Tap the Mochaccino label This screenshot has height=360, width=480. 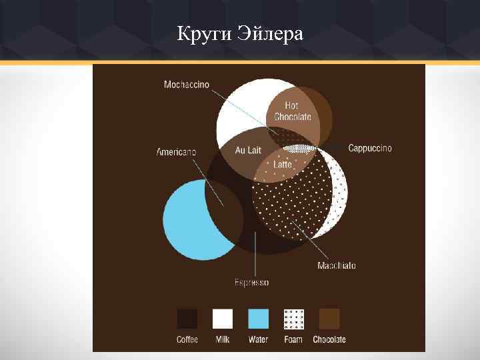[x=187, y=85]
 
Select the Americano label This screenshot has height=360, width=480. [x=176, y=152]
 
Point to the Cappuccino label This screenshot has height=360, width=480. [x=370, y=148]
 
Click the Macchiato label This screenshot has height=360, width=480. [x=337, y=265]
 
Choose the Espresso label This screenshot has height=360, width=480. [x=251, y=283]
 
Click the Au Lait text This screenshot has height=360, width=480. [x=248, y=151]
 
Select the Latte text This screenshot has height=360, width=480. [x=283, y=164]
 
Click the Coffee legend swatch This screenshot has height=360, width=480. [x=187, y=319]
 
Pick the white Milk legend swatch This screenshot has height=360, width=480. [x=223, y=319]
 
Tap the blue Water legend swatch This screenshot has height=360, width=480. [x=258, y=319]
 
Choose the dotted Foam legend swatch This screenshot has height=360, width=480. [x=293, y=319]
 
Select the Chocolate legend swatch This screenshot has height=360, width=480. [x=329, y=319]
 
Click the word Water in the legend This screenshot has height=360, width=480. [x=258, y=339]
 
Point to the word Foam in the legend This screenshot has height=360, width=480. [x=293, y=339]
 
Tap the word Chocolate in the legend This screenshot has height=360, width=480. [x=329, y=339]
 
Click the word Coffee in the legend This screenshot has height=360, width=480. [x=187, y=339]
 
